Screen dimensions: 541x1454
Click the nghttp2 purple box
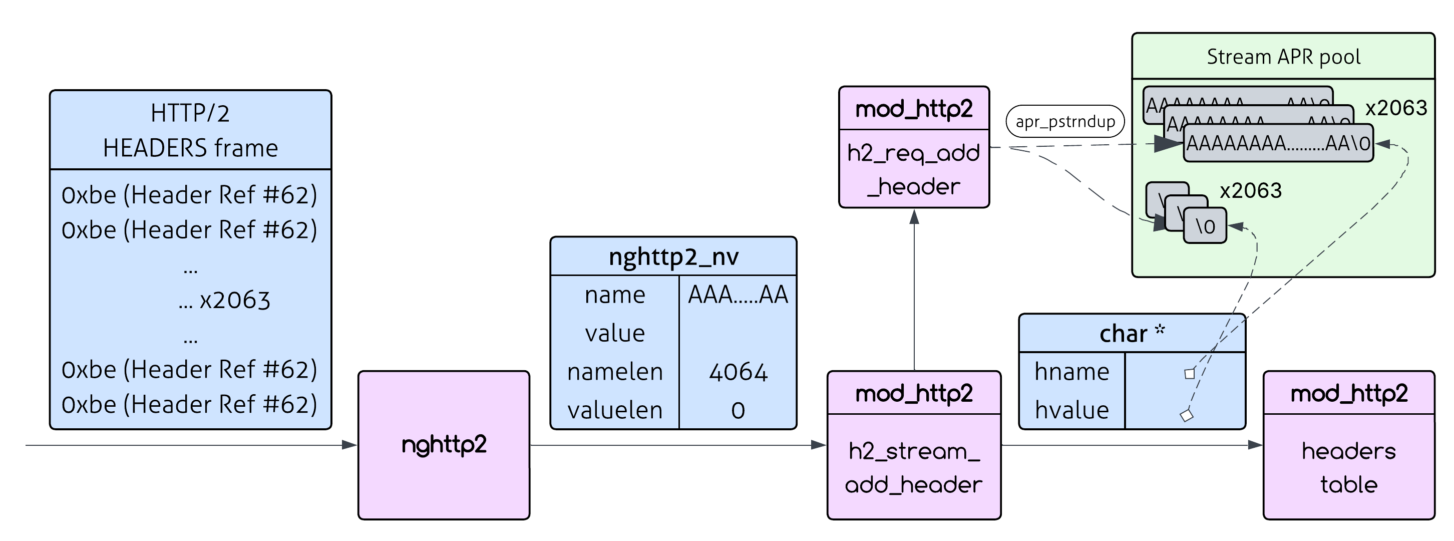tap(444, 445)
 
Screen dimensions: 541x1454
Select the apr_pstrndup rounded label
tap(1065, 121)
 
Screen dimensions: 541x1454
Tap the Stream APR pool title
tap(1283, 57)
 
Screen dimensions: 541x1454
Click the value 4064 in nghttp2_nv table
tap(738, 372)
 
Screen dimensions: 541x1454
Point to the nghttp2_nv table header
tap(673, 257)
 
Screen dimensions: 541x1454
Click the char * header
tap(1132, 334)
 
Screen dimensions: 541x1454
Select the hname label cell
tap(1071, 372)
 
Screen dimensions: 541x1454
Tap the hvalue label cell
tap(1071, 410)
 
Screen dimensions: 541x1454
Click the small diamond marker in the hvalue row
tap(1187, 416)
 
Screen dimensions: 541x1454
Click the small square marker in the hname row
tap(1189, 373)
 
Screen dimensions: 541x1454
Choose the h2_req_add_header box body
tap(913, 169)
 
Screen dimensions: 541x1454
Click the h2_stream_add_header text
tap(913, 467)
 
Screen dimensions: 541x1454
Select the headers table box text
tap(1348, 467)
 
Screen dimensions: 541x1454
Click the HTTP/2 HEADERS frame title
tap(190, 130)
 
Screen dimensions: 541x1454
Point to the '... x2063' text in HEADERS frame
tap(224, 301)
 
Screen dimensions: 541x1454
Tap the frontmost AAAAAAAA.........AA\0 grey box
tap(1278, 143)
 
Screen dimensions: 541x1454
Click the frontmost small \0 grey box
tap(1205, 226)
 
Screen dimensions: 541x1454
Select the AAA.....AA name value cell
tap(738, 295)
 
